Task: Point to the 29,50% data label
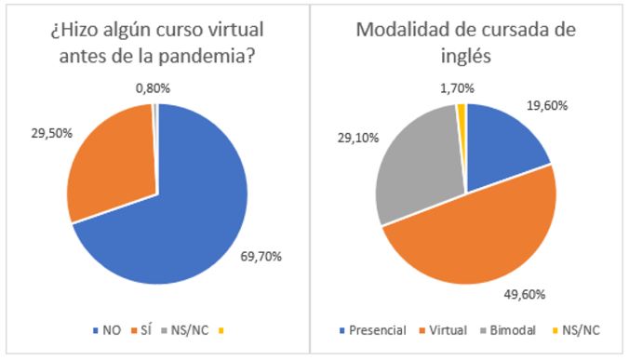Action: pos(43,133)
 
